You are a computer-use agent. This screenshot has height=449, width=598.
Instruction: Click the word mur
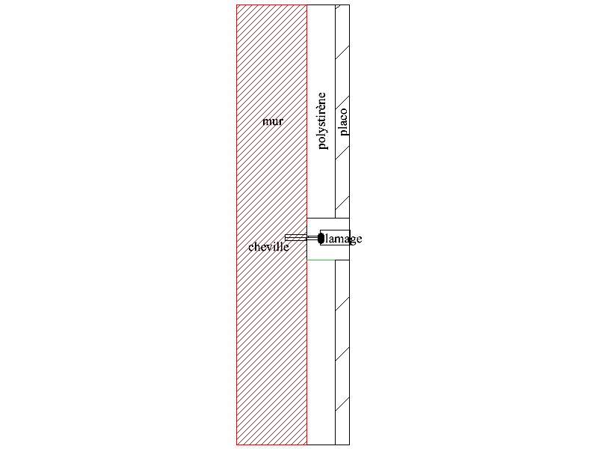pos(273,121)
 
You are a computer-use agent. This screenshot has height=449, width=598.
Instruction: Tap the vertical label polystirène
pos(322,120)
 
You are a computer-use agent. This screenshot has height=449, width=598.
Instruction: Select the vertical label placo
pos(343,122)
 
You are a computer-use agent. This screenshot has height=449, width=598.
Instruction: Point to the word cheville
pos(268,247)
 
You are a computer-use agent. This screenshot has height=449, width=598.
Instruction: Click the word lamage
pos(342,239)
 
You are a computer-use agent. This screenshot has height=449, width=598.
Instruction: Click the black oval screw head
pos(321,238)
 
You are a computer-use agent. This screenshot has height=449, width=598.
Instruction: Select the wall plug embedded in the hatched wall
pos(296,238)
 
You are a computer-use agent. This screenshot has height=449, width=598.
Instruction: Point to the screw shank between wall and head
pos(312,238)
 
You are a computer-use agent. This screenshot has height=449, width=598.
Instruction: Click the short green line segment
pos(321,260)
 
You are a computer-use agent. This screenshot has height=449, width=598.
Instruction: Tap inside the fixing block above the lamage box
pos(328,224)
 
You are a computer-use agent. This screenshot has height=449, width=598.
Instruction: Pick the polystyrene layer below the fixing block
pos(321,352)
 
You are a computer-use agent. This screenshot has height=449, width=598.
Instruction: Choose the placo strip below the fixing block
pos(342,352)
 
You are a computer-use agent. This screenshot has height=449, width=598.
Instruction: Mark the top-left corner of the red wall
pos(236,5)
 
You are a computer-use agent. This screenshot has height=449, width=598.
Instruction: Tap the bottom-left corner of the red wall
pos(236,445)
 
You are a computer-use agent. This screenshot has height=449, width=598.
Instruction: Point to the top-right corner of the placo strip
pos(349,5)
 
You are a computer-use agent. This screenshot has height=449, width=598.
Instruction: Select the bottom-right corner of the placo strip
pos(349,445)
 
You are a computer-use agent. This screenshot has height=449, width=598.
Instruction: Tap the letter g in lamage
pos(351,240)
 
